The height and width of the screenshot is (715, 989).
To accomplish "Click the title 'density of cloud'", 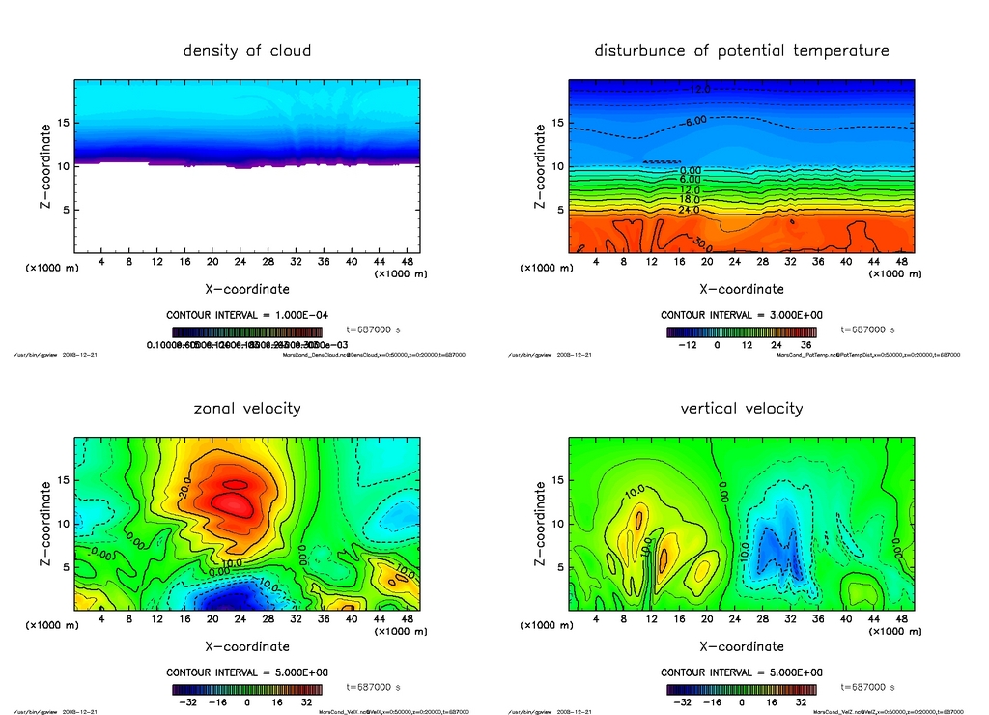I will coord(247,50).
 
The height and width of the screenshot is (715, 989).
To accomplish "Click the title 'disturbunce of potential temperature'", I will coord(741,50).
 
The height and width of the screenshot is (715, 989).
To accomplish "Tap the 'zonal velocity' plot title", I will coord(247,408).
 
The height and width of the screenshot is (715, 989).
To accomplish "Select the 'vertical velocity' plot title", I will coord(741,408).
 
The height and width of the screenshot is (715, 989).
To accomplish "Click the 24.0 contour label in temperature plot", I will coord(689,210).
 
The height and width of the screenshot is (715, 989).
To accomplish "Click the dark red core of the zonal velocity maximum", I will coord(237,502).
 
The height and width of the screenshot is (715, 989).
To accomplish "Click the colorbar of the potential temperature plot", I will coord(741,331).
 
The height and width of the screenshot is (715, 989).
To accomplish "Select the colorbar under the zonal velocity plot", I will coord(247,689).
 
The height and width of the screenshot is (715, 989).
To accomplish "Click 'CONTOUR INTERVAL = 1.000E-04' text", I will coord(247,315).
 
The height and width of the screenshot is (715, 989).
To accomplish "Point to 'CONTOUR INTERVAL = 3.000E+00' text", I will coord(741,315).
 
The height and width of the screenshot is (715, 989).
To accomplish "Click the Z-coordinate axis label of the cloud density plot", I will coord(45,166).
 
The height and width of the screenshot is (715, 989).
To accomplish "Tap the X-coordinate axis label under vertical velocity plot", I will coord(741,646).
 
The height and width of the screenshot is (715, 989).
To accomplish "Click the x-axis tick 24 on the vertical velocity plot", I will coord(735,618).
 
